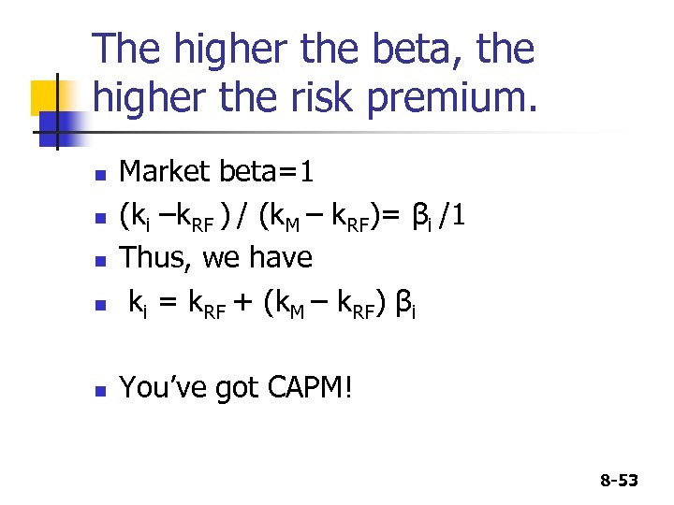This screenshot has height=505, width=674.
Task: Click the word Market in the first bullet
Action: (x=165, y=172)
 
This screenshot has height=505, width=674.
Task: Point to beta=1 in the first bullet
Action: (x=267, y=172)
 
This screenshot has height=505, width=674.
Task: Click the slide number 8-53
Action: (x=618, y=481)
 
